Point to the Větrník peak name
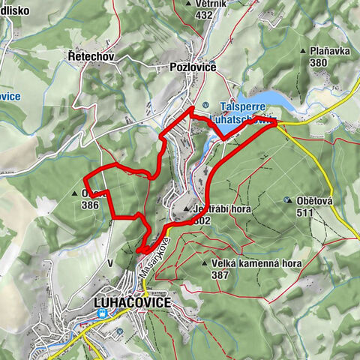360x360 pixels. (x=208, y=4)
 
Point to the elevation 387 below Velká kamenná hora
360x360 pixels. (x=220, y=275)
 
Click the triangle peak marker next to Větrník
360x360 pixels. (x=187, y=4)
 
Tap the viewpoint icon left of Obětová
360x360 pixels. (x=288, y=200)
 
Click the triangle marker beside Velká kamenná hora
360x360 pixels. (x=204, y=264)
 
